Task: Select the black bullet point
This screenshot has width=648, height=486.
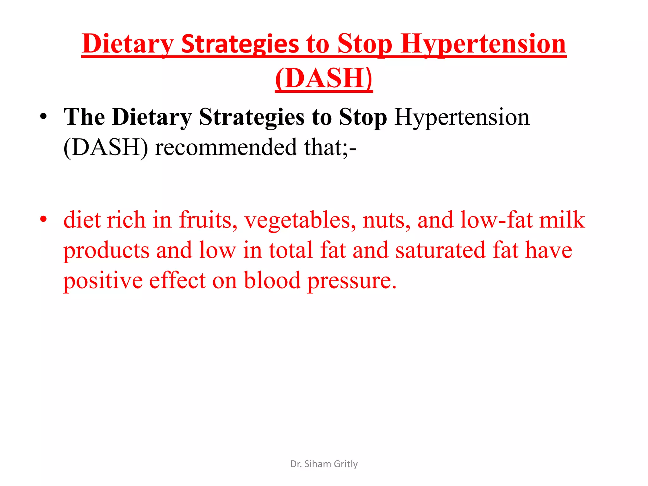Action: [x=44, y=117]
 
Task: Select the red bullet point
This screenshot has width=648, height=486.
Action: [x=44, y=219]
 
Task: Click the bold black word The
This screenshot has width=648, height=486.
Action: [x=84, y=117]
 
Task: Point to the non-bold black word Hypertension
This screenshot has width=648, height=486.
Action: [x=462, y=117]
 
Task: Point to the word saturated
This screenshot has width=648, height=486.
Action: [x=440, y=250]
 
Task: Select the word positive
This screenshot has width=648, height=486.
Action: [x=103, y=281]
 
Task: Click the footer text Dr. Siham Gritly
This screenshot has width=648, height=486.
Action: [x=324, y=464]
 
